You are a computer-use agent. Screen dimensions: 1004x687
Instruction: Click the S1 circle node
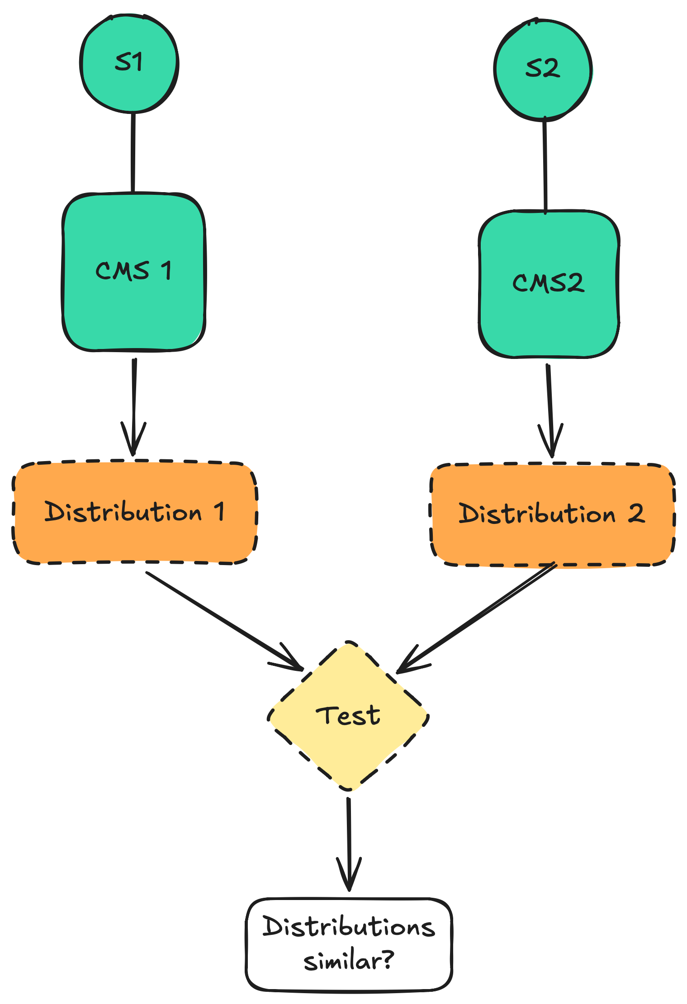[x=129, y=64]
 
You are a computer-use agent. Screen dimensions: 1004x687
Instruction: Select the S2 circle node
[x=543, y=70]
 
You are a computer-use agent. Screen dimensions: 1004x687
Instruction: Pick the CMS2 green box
[x=549, y=284]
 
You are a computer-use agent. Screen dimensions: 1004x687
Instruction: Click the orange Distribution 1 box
[x=134, y=512]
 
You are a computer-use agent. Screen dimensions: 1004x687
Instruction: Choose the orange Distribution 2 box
[x=552, y=514]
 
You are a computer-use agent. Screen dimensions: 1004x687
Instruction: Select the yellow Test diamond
[x=348, y=716]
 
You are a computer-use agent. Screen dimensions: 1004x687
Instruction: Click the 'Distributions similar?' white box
[x=349, y=945]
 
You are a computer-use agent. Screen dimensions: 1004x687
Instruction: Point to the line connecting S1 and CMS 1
[x=133, y=153]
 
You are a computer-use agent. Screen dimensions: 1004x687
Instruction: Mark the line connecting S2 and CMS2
[x=545, y=165]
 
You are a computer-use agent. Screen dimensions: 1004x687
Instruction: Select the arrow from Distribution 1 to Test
[x=222, y=619]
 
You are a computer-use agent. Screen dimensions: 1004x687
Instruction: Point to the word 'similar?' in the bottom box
[x=349, y=962]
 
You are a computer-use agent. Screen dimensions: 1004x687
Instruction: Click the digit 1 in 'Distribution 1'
[x=219, y=512]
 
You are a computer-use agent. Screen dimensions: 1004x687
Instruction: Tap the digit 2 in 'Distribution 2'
[x=636, y=514]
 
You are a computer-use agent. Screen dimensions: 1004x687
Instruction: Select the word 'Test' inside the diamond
[x=348, y=716]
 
